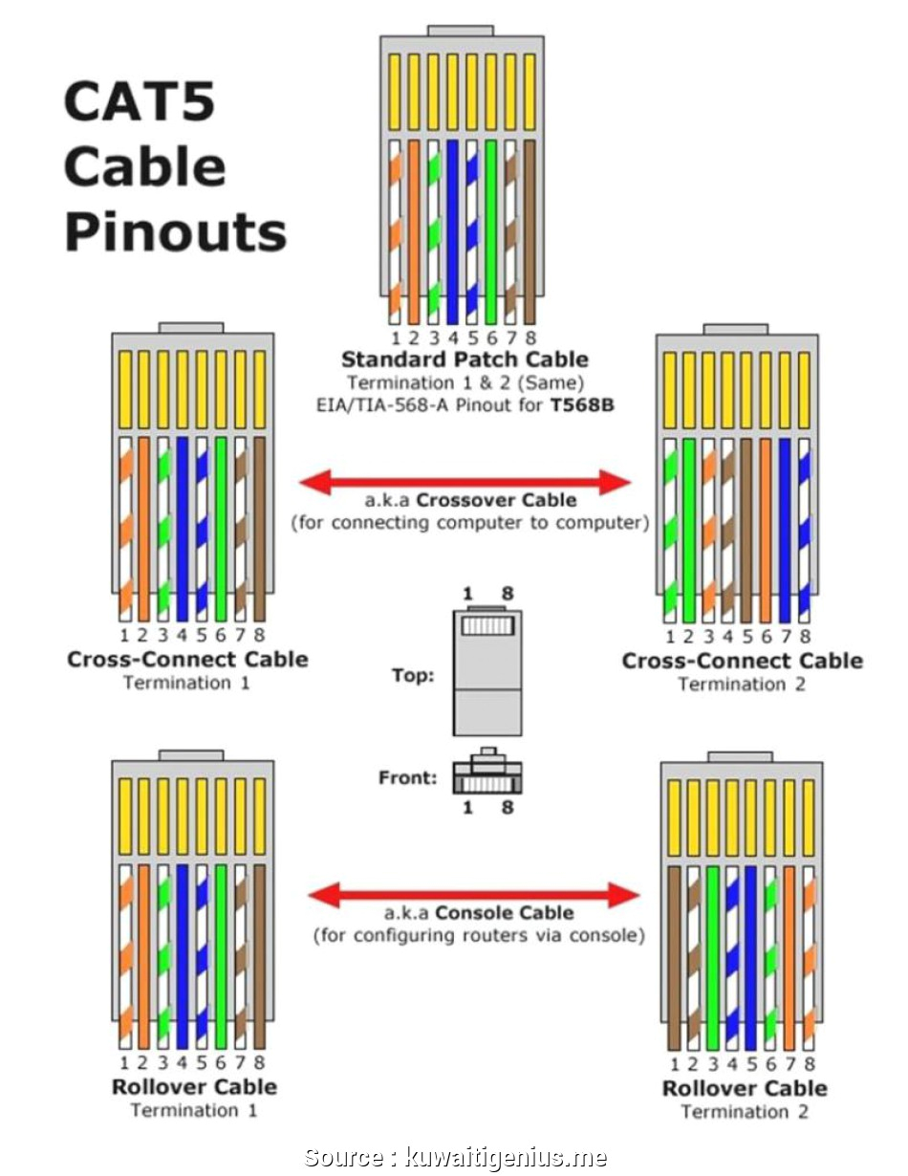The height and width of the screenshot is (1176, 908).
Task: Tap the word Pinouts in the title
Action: pyautogui.click(x=176, y=232)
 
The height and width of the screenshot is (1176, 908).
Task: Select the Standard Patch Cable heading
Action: pyautogui.click(x=465, y=359)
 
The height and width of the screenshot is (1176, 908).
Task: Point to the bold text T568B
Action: pyautogui.click(x=581, y=404)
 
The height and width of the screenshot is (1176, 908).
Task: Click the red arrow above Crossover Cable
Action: pyautogui.click(x=465, y=483)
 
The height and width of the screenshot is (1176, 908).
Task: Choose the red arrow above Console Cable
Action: pyautogui.click(x=473, y=895)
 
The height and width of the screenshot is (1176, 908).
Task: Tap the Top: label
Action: pyautogui.click(x=413, y=676)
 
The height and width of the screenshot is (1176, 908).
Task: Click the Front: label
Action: pyautogui.click(x=408, y=777)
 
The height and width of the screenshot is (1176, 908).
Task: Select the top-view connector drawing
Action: pyautogui.click(x=486, y=672)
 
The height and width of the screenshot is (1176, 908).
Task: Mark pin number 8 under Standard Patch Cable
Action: pyautogui.click(x=530, y=338)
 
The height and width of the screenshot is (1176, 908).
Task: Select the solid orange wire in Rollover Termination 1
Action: pyautogui.click(x=143, y=956)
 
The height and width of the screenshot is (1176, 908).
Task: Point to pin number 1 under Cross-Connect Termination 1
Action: pyautogui.click(x=124, y=635)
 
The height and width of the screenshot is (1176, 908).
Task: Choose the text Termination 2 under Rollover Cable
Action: pyautogui.click(x=745, y=1112)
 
